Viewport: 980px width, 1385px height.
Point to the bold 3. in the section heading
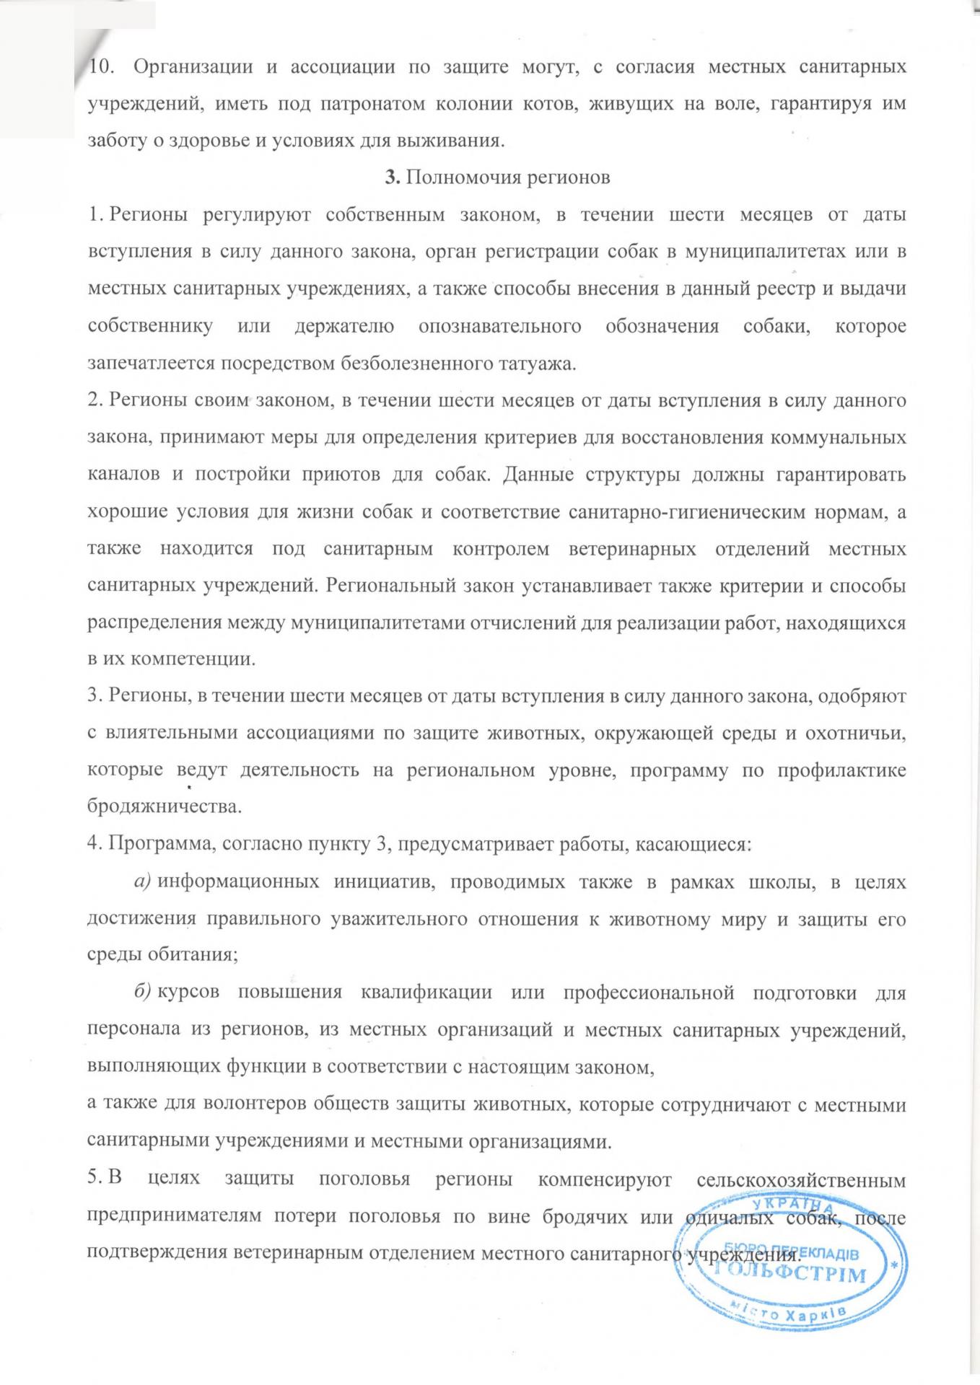393,177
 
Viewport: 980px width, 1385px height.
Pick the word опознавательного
499,326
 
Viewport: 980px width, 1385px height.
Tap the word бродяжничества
163,806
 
